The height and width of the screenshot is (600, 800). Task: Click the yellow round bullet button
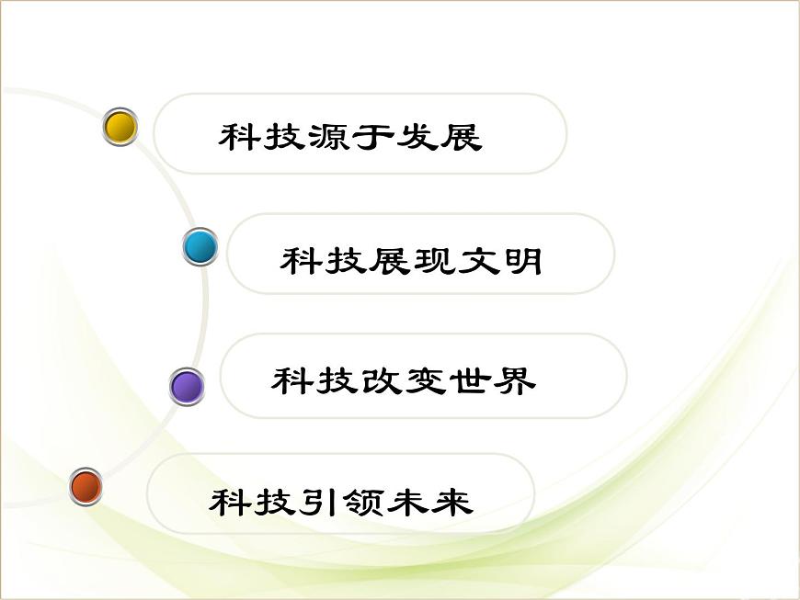[120, 127]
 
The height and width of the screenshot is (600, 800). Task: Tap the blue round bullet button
[200, 247]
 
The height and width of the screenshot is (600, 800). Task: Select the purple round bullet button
[188, 387]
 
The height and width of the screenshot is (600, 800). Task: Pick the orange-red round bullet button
[86, 486]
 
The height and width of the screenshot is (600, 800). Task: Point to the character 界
[514, 380]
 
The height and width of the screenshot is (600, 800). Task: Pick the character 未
[407, 502]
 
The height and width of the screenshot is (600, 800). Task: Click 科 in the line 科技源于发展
[239, 138]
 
